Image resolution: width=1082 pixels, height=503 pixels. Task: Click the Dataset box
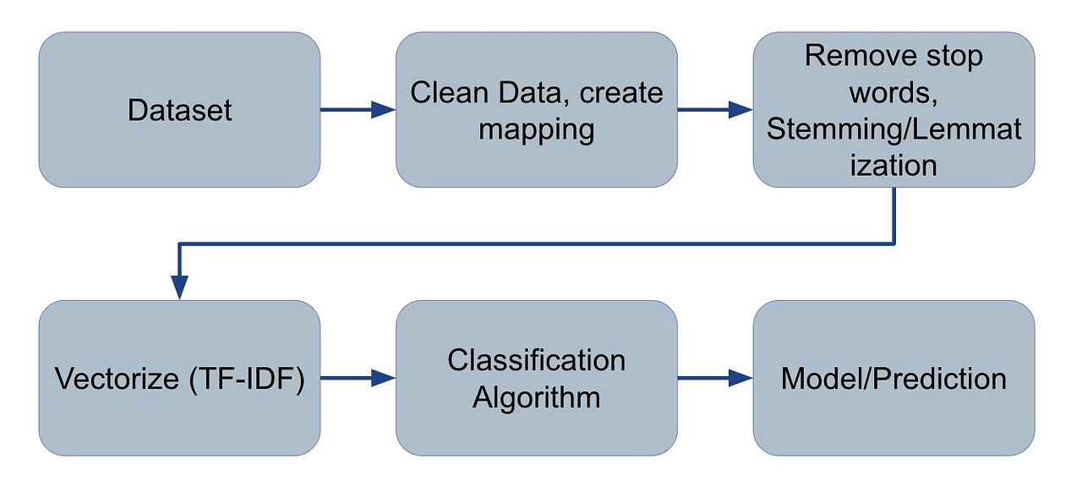pos(179,110)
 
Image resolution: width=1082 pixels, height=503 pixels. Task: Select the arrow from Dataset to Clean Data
pos(358,110)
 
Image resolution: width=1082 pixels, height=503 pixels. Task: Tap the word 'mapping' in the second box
pos(536,129)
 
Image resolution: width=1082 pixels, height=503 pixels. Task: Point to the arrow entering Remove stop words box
pos(714,110)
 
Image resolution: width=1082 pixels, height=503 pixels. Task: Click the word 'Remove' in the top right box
pos(856,56)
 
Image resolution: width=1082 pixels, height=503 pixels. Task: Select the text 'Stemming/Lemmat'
pos(893,129)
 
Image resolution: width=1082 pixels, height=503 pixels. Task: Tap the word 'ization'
pos(893,165)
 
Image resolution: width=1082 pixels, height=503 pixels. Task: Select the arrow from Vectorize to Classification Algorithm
pos(358,379)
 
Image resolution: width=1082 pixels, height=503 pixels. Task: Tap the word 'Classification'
pos(536,360)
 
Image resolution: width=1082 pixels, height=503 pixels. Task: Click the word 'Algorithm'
pos(536,396)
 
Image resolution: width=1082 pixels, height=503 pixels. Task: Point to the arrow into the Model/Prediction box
pos(714,379)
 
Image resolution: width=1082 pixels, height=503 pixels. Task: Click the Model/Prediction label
pos(893,379)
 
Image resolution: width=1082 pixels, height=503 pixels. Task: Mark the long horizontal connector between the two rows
pos(536,244)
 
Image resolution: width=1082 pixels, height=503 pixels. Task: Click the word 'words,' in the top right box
pos(893,92)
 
